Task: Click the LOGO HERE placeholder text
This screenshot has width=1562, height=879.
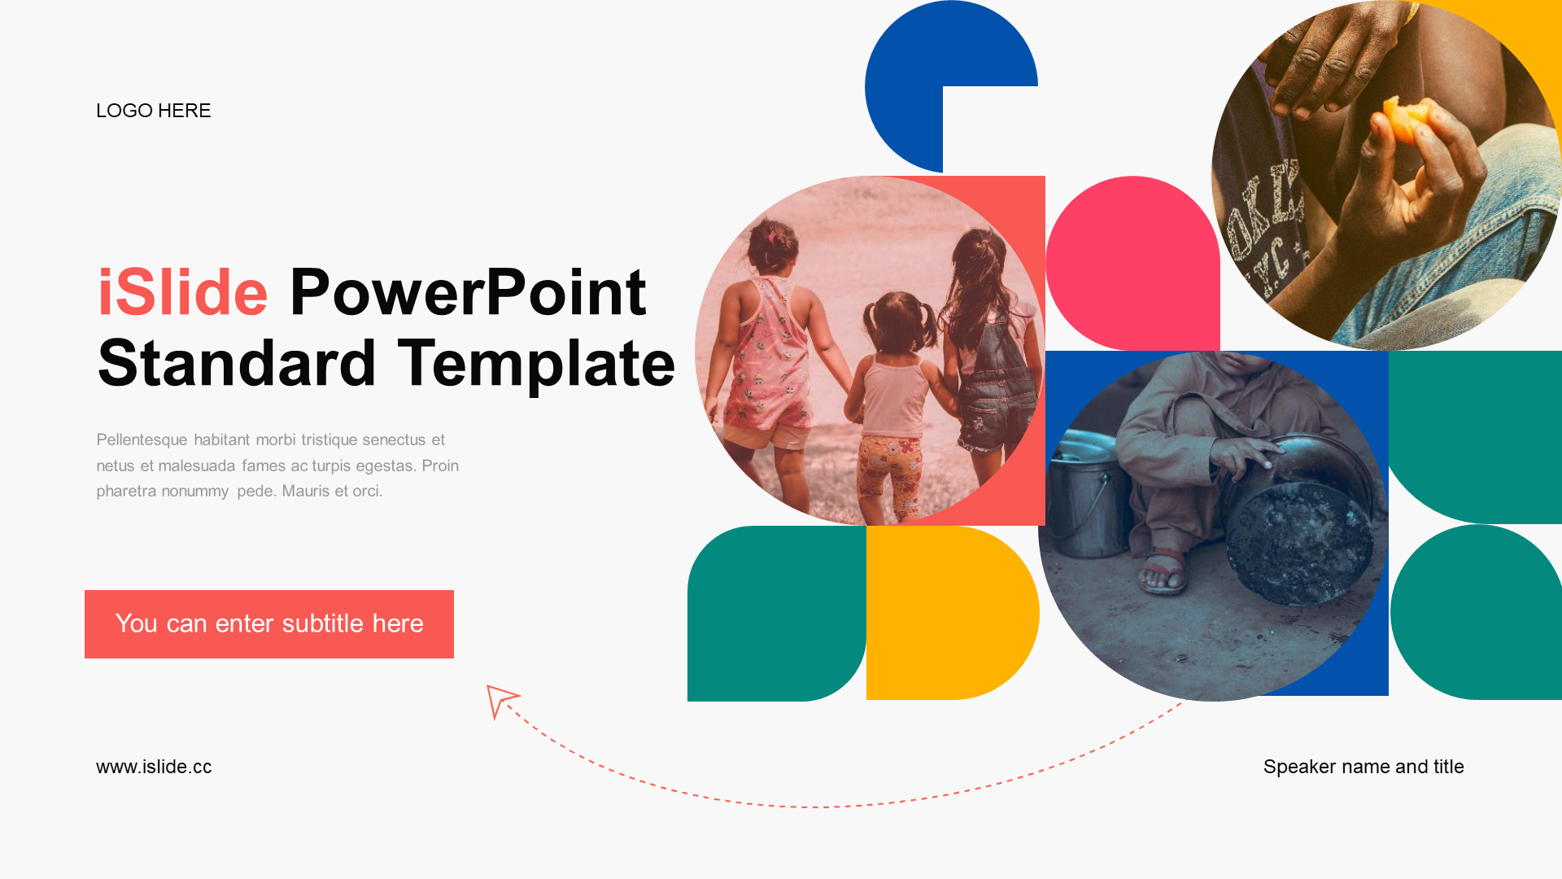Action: click(153, 111)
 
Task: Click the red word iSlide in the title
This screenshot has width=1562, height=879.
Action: click(183, 292)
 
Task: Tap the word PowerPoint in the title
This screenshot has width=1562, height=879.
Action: click(468, 293)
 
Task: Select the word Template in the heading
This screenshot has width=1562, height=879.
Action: click(536, 364)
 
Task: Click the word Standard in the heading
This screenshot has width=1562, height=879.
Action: click(237, 363)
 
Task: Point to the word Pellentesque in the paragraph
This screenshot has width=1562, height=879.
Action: click(142, 440)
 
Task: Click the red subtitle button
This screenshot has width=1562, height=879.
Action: click(269, 624)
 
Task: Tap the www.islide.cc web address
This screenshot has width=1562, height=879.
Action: click(154, 767)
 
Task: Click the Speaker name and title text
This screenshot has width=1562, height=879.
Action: click(1363, 767)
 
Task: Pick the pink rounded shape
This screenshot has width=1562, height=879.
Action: click(1132, 263)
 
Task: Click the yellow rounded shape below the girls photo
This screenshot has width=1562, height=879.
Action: click(952, 613)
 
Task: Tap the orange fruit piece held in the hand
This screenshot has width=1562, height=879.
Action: click(1405, 120)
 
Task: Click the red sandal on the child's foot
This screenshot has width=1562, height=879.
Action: click(1164, 570)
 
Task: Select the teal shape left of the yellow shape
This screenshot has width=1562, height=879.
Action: click(777, 614)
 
